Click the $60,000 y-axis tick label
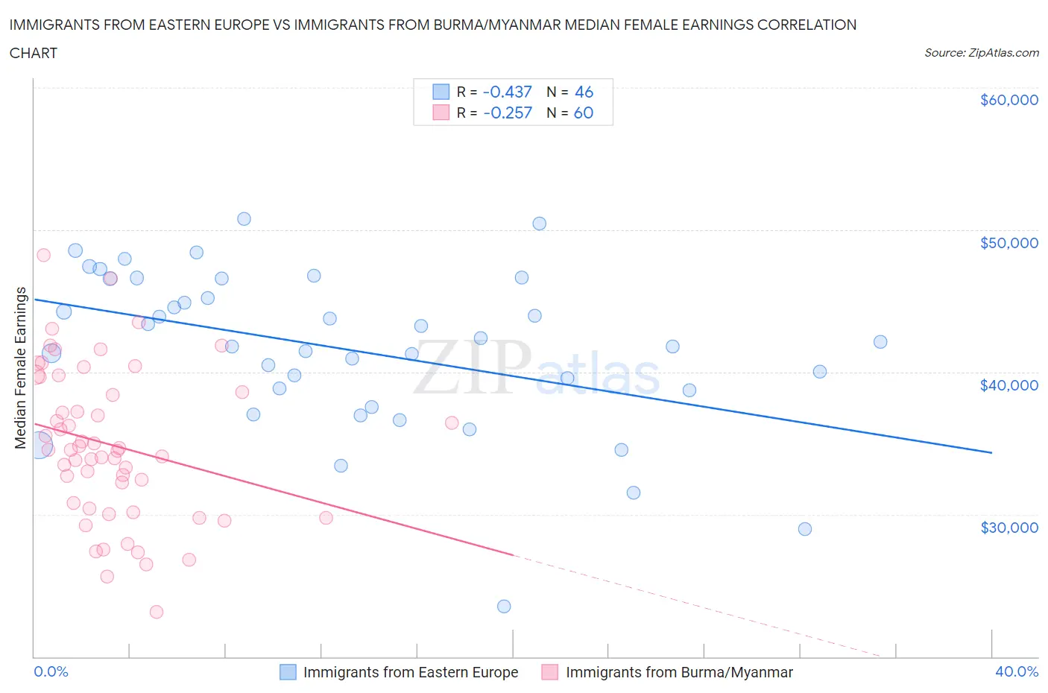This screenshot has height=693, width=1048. tap(1008, 100)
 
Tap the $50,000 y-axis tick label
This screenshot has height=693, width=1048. tap(1008, 243)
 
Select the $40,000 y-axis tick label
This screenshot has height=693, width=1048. tap(1008, 385)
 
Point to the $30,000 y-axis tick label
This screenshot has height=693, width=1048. tap(1008, 528)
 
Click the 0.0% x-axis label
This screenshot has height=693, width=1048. tap(51, 671)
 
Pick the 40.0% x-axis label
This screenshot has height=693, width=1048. tap(1017, 671)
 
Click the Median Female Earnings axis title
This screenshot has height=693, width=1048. tap(21, 367)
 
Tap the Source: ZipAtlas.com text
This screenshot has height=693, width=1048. tap(981, 52)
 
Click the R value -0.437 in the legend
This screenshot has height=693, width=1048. tap(508, 92)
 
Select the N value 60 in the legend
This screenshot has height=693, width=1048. tap(584, 113)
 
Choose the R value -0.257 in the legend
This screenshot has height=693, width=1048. tap(508, 113)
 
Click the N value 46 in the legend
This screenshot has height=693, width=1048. tap(584, 92)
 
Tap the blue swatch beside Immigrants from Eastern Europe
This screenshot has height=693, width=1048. tap(288, 672)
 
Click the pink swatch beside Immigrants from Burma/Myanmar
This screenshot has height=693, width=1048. tap(550, 672)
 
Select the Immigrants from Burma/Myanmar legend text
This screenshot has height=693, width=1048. tap(679, 672)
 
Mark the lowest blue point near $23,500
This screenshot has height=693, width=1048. tap(504, 607)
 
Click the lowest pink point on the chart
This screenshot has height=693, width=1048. tap(157, 612)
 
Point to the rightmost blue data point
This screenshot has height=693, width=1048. tap(880, 342)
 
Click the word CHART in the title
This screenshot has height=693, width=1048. tap(34, 53)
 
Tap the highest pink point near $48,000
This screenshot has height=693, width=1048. tap(43, 255)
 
